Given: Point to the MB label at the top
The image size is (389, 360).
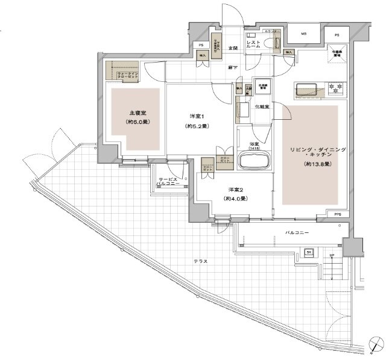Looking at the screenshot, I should point(305,34).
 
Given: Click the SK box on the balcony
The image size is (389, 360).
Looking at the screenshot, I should point(309,252).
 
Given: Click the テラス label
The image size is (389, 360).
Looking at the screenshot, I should point(201,261).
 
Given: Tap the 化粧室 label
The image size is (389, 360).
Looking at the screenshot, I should point(261,107).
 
